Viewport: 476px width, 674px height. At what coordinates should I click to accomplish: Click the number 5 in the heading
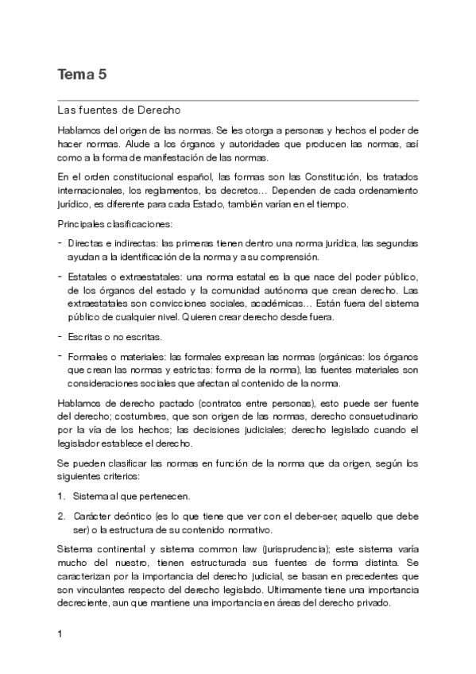103,76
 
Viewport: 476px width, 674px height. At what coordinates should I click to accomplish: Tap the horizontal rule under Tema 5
238,100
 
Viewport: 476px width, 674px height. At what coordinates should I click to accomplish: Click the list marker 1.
61,495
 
